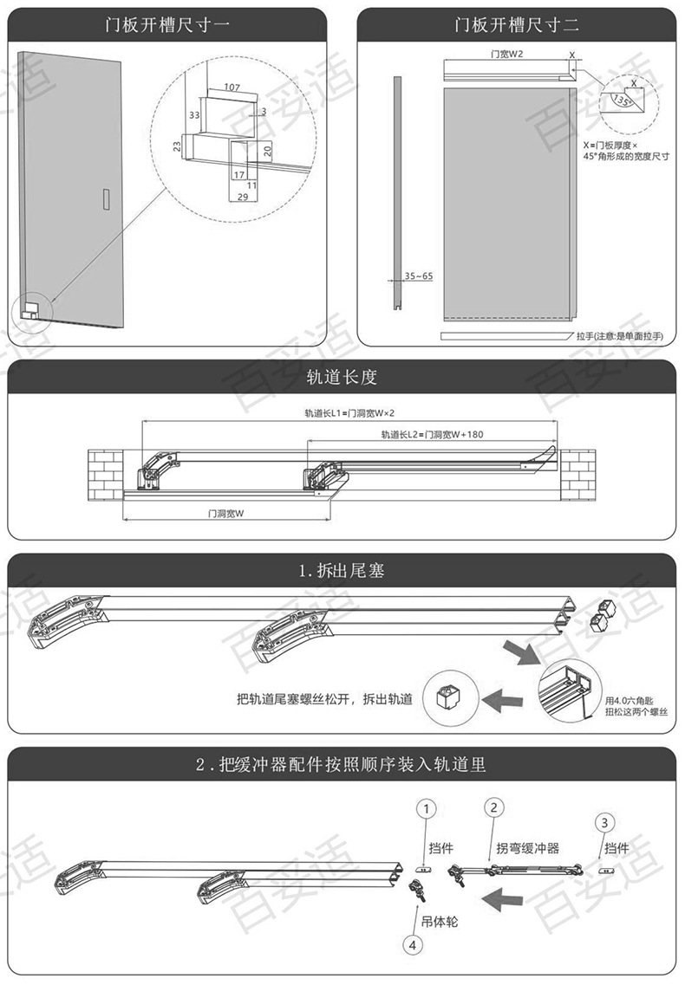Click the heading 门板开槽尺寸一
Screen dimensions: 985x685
click(x=169, y=24)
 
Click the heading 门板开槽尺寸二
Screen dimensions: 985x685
click(x=517, y=24)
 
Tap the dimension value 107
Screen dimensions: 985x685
click(x=232, y=87)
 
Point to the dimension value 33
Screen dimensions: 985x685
click(x=194, y=114)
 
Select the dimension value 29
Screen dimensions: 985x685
click(x=242, y=198)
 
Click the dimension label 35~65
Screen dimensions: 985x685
click(x=418, y=275)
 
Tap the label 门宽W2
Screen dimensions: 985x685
click(x=507, y=54)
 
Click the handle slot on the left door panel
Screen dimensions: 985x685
click(x=105, y=198)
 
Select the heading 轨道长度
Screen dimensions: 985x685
click(x=342, y=379)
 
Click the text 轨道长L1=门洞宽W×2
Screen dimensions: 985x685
click(x=344, y=413)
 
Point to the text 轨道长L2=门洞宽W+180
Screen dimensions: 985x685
click(x=432, y=434)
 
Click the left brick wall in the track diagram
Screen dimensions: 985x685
click(x=107, y=476)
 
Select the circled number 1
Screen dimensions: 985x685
click(x=426, y=808)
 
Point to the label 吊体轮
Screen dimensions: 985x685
click(x=442, y=921)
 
